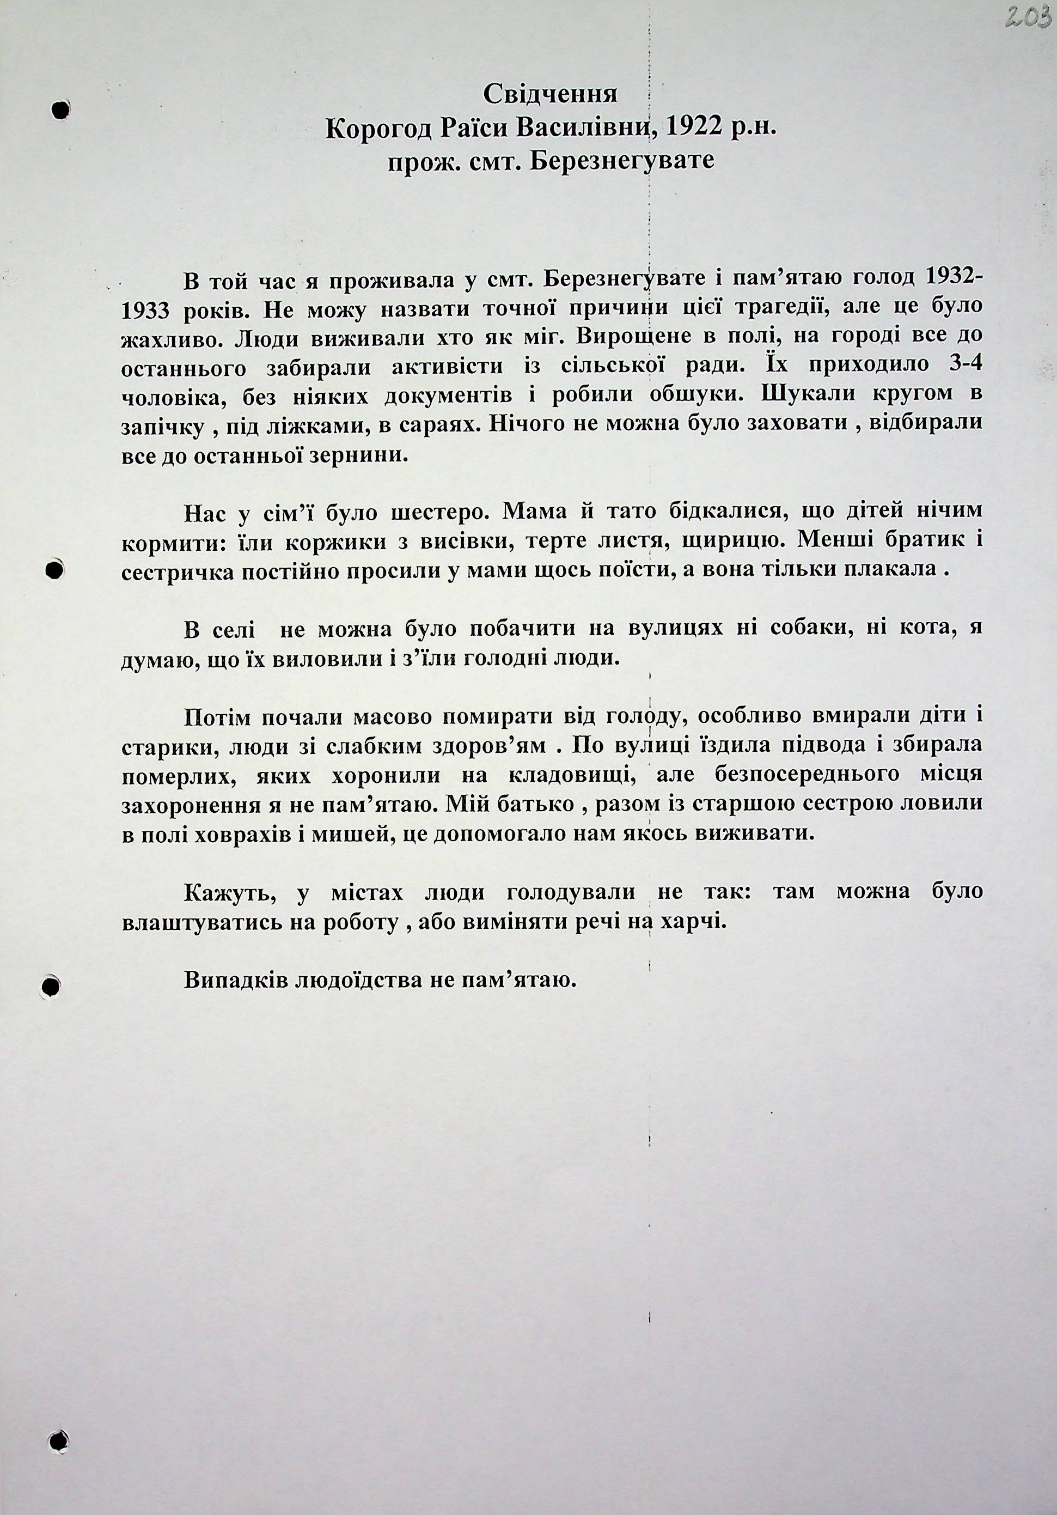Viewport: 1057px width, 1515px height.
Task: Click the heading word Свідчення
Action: (550, 95)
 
